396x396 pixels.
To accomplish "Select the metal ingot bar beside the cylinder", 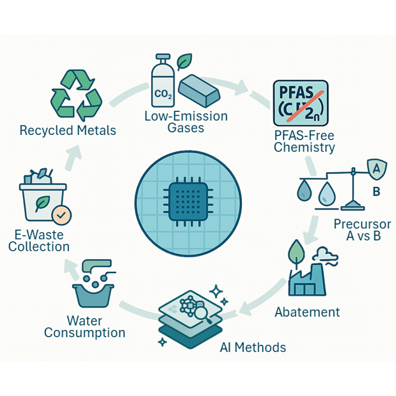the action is tap(199, 90).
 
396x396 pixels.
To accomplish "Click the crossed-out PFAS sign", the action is tap(301, 103).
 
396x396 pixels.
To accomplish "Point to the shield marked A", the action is tap(377, 169).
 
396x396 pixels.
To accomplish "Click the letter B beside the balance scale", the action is tap(376, 191).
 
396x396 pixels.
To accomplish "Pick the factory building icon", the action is tap(307, 280).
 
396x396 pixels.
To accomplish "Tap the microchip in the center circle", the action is tap(188, 202).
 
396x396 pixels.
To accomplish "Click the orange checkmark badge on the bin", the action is tap(61, 215).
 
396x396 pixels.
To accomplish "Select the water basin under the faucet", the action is tap(93, 296).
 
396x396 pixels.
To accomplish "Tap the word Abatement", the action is tap(307, 312).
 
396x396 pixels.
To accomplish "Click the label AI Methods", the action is tap(253, 347).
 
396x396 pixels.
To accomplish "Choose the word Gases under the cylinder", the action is tap(186, 127).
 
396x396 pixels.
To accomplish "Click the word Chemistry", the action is tap(305, 147).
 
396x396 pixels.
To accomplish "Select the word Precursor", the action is tap(362, 224).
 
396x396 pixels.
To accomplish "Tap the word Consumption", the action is tap(84, 333).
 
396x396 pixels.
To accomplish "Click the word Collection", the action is tap(39, 246).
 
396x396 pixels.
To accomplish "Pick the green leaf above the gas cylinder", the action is tap(184, 61).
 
